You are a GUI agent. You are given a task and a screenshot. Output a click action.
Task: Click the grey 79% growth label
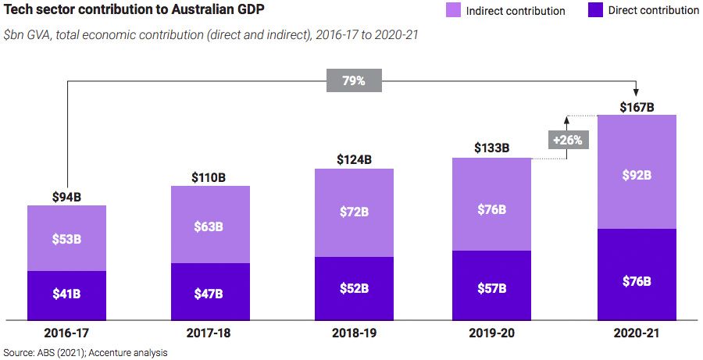[x=354, y=80]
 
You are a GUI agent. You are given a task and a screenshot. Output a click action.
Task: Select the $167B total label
[x=637, y=107]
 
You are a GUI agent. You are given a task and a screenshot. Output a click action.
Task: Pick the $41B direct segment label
[x=66, y=295]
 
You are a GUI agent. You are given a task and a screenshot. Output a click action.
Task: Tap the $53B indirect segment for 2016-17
[x=66, y=238]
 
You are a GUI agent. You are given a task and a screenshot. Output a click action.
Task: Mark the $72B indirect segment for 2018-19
[x=354, y=212]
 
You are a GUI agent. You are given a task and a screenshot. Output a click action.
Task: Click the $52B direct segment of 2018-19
[x=354, y=288]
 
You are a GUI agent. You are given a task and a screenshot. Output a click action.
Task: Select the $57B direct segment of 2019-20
[x=491, y=288]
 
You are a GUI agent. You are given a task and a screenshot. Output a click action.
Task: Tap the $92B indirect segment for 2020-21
[x=637, y=175]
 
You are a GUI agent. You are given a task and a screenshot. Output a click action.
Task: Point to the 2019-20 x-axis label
[x=491, y=333]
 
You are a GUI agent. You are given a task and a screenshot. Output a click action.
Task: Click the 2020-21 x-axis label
[x=637, y=333]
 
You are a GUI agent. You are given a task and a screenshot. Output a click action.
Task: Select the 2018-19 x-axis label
[x=354, y=333]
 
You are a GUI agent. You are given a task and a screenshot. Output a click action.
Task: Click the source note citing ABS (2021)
[x=84, y=353]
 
